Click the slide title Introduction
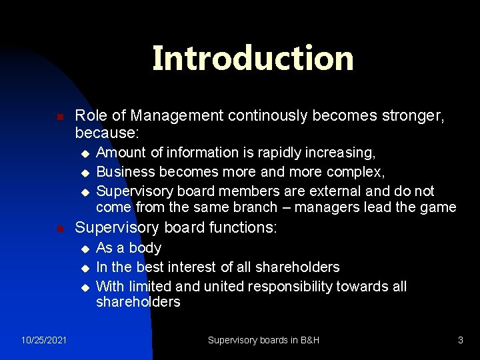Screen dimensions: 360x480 tap(253, 58)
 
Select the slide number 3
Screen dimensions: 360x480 tap(460, 340)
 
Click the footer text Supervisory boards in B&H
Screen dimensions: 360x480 tap(263, 340)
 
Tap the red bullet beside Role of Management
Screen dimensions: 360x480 tap(60, 117)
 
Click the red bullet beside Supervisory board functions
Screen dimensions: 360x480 tap(60, 229)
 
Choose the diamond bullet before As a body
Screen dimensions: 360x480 tap(84, 249)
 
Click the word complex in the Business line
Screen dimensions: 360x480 tap(359, 172)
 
